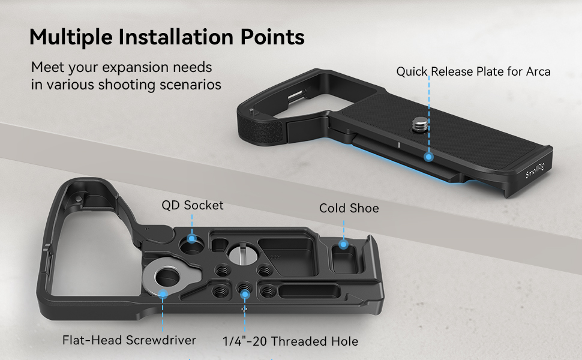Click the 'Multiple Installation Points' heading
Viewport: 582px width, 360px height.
(x=167, y=37)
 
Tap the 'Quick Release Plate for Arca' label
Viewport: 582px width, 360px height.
(x=473, y=72)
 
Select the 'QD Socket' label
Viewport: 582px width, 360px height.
(x=192, y=205)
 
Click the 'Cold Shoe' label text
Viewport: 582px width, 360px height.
(x=349, y=208)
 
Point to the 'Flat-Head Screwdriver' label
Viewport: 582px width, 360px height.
(x=129, y=340)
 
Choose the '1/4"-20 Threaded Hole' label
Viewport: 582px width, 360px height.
(x=290, y=341)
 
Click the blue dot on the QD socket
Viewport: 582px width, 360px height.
(x=192, y=239)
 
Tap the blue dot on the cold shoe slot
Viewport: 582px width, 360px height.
(x=343, y=244)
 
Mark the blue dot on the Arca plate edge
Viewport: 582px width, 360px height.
(x=428, y=157)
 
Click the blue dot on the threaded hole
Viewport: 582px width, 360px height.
(x=245, y=293)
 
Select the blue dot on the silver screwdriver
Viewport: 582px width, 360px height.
(x=163, y=292)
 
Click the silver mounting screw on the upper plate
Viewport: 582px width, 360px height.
(x=418, y=125)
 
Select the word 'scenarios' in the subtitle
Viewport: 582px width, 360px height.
(x=190, y=85)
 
